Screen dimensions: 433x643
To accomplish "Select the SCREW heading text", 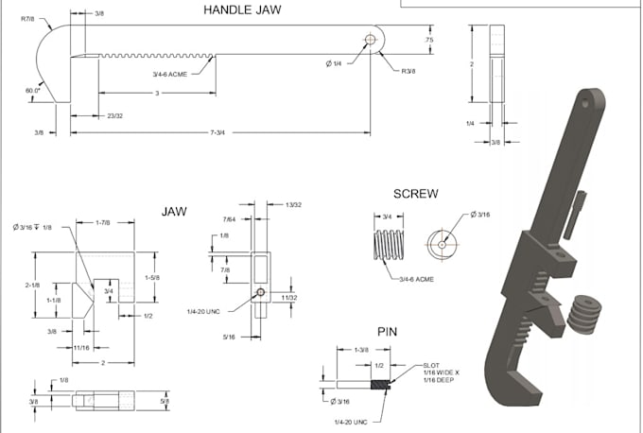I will (x=415, y=195).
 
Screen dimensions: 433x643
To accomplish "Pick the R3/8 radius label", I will (x=408, y=70).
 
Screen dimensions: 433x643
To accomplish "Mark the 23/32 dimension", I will (x=114, y=115).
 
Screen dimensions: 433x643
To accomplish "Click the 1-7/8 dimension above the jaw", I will (x=104, y=224).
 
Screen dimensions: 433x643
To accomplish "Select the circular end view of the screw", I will (x=441, y=243).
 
